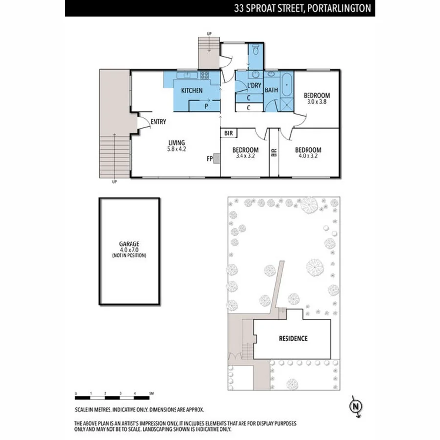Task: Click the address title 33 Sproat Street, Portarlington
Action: click(x=302, y=8)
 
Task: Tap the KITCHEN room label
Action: click(x=192, y=91)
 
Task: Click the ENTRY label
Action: click(x=158, y=122)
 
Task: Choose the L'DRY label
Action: click(x=254, y=86)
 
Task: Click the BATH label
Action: click(x=271, y=90)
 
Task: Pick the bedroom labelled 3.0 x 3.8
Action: click(x=316, y=98)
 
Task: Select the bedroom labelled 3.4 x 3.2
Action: click(x=245, y=153)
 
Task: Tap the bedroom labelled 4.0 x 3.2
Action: click(x=308, y=153)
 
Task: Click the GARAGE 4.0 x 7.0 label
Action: click(x=129, y=249)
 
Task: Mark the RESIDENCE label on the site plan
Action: click(x=293, y=338)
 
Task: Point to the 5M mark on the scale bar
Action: click(x=152, y=394)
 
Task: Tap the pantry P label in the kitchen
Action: click(x=206, y=105)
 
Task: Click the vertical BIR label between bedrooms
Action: click(x=274, y=153)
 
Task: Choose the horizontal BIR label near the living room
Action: click(x=229, y=133)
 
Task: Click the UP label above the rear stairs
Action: click(x=210, y=34)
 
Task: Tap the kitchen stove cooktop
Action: click(x=204, y=76)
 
